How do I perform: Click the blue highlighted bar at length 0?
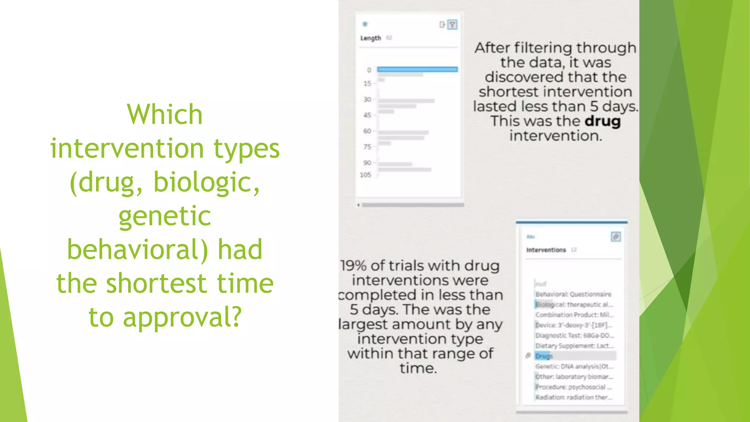[x=417, y=69]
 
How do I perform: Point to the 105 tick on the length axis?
[x=365, y=175]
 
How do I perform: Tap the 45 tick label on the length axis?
[x=367, y=115]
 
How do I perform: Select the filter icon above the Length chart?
[x=453, y=25]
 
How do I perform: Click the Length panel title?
[x=371, y=38]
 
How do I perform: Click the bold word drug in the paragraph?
[x=602, y=121]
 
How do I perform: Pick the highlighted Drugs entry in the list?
[x=544, y=356]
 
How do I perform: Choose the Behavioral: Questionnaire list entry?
[x=573, y=294]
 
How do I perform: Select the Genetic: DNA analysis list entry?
[x=574, y=366]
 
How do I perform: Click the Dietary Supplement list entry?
[x=574, y=346]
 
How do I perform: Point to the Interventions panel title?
[x=546, y=250]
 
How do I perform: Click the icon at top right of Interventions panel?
[x=616, y=237]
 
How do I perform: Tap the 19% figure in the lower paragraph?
[x=353, y=266]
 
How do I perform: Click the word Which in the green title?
[x=165, y=114]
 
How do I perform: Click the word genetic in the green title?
[x=165, y=216]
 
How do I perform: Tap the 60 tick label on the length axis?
[x=367, y=131]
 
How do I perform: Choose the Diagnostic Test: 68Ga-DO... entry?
[x=574, y=336]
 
